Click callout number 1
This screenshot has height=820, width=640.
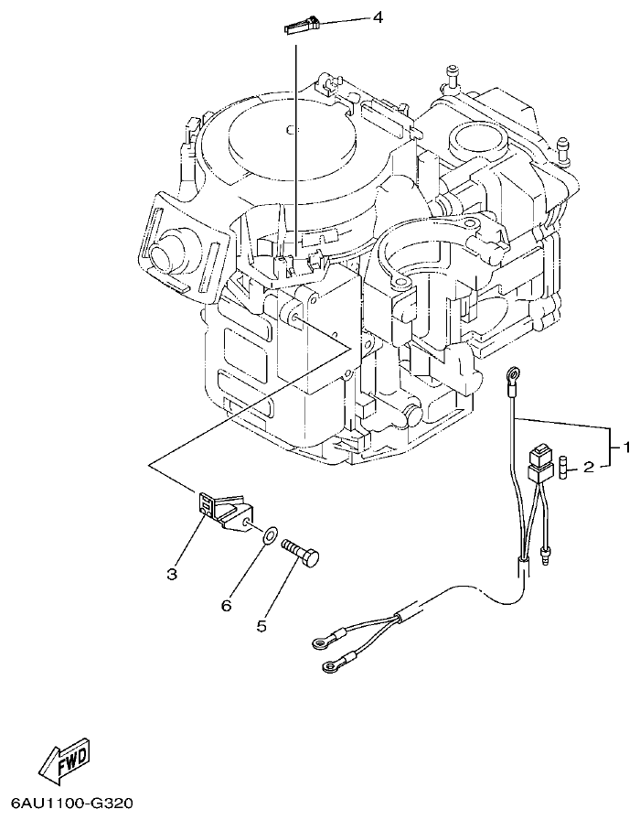pyautogui.click(x=627, y=448)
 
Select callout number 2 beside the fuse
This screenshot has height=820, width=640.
pyautogui.click(x=589, y=467)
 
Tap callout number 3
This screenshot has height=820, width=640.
pyautogui.click(x=172, y=574)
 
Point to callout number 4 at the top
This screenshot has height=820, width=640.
pyautogui.click(x=376, y=18)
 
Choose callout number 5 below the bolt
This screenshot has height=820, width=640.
pyautogui.click(x=261, y=627)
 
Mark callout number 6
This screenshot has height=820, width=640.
pyautogui.click(x=227, y=605)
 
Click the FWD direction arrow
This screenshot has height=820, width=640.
pyautogui.click(x=64, y=759)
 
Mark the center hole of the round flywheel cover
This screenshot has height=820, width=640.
pyautogui.click(x=288, y=127)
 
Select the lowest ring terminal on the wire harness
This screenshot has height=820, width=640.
pyautogui.click(x=327, y=670)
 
